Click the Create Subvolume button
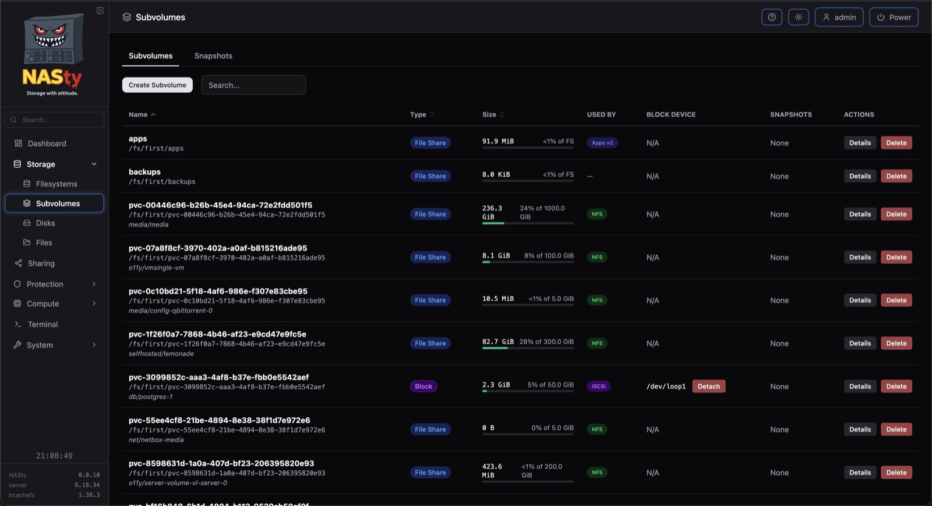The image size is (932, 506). (157, 85)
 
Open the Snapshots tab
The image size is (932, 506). (213, 56)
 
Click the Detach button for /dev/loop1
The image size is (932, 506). (708, 386)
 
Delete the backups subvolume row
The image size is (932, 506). (896, 175)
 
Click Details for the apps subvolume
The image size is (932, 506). (860, 142)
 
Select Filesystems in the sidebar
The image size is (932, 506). (56, 184)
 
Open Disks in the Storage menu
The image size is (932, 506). (45, 223)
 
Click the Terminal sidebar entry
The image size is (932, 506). (43, 324)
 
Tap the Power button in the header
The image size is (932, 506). (894, 17)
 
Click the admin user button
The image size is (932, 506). (839, 17)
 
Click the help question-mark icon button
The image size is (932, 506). (772, 17)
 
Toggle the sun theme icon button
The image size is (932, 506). (799, 17)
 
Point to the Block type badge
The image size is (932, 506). (423, 386)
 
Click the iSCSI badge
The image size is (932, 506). (599, 386)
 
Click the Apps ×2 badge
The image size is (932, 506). (602, 142)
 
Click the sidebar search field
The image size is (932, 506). (55, 120)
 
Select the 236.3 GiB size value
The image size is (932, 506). (492, 212)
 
